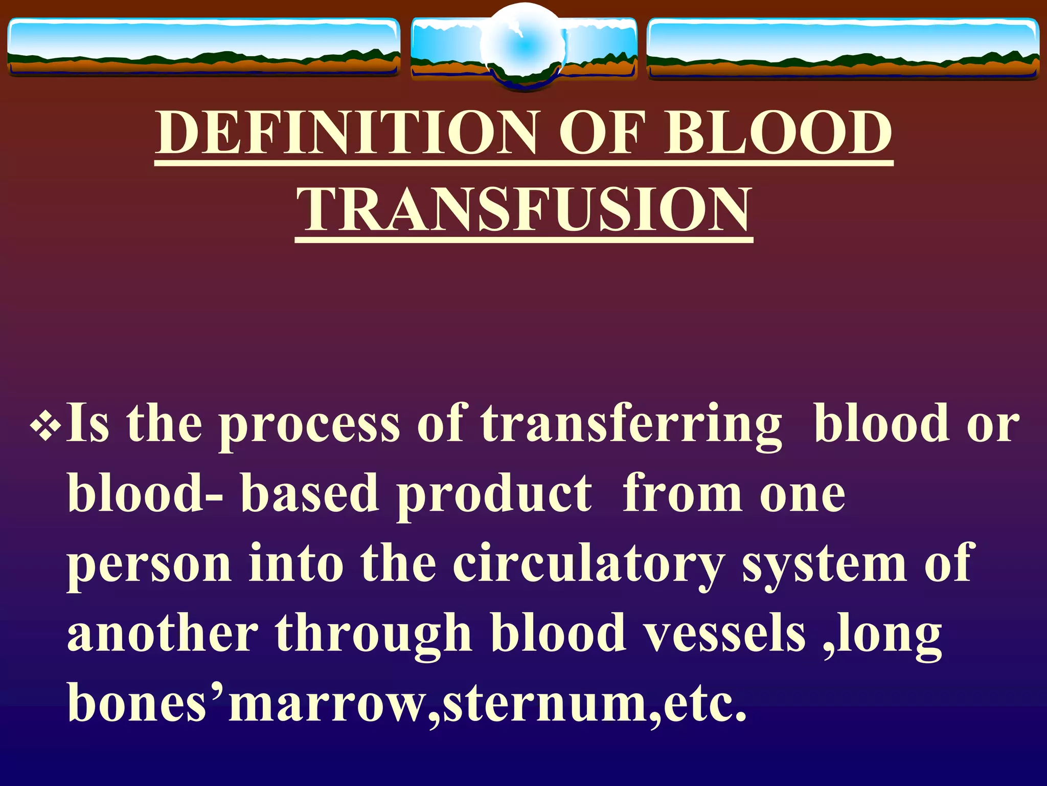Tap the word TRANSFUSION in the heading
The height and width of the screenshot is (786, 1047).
coord(524,209)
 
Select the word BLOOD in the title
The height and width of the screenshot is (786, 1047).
coord(778,133)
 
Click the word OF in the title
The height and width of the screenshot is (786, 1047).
coord(600,133)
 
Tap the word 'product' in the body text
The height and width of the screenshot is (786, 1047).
coord(494,495)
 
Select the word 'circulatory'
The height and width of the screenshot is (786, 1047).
coord(588,565)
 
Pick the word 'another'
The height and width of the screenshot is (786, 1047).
coord(163,635)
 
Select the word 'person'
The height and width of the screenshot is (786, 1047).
coord(149,565)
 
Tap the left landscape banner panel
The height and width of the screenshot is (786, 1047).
coord(203,47)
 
